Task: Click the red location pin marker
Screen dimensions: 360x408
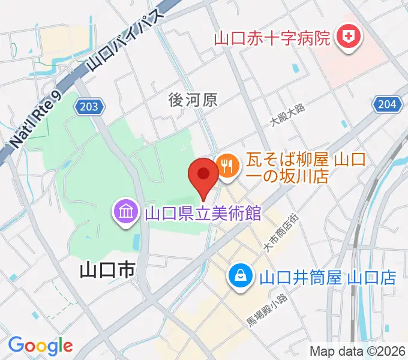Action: (203, 175)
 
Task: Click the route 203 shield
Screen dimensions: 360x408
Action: (90, 107)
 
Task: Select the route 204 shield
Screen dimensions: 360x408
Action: (386, 104)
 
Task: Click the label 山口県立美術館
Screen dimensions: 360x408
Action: (203, 213)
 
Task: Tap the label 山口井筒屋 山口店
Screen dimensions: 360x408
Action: (328, 278)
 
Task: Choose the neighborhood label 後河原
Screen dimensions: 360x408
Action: (192, 100)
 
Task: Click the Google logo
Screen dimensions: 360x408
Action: (40, 346)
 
